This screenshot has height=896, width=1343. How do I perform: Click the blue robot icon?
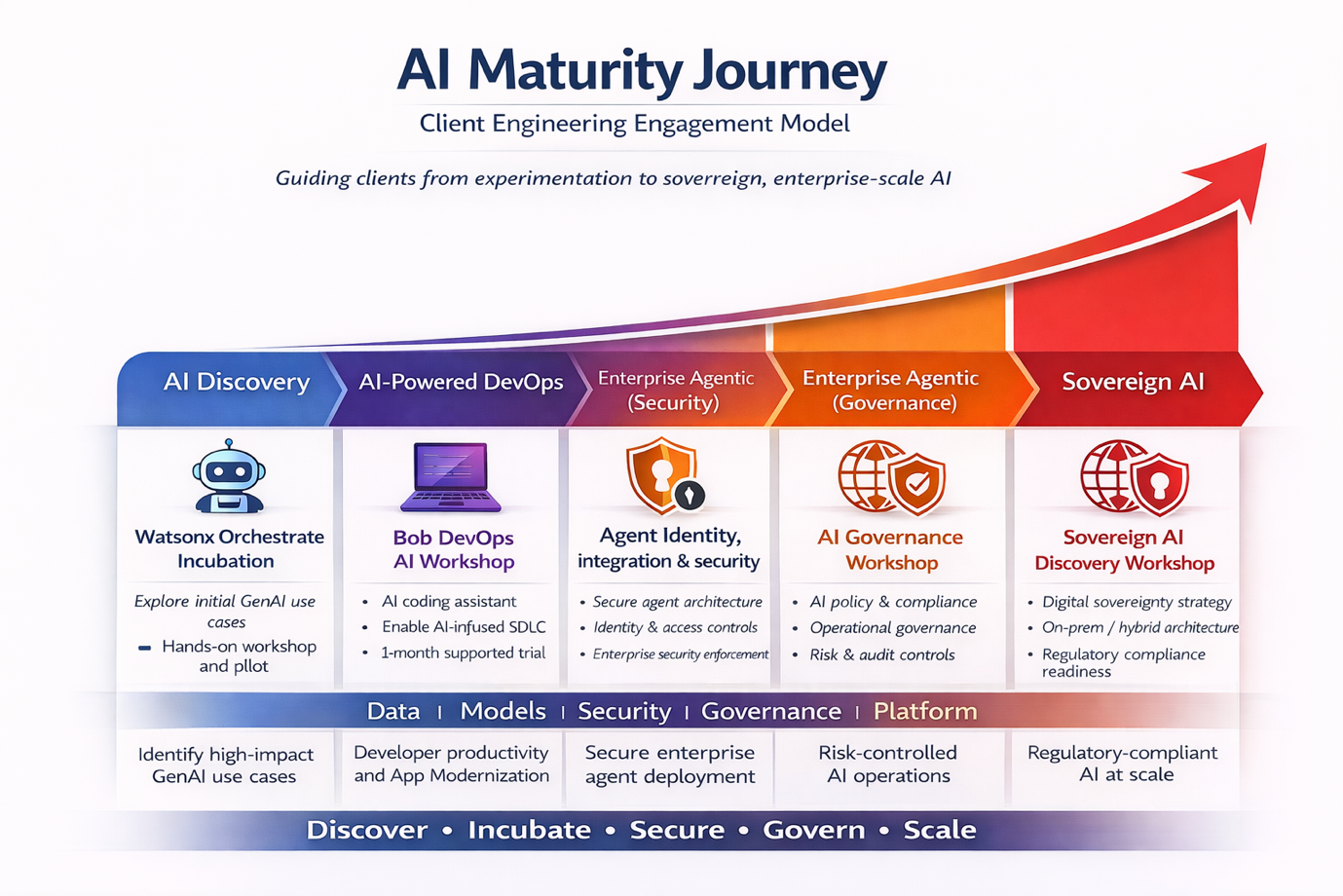pos(228,475)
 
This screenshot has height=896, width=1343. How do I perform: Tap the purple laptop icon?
pos(451,477)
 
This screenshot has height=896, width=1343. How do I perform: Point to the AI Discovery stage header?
pos(236,382)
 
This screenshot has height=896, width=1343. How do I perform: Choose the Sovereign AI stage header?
pos(1133,382)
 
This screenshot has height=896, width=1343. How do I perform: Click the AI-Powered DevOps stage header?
pos(460,382)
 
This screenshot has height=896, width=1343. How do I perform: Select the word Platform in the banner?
pos(924,711)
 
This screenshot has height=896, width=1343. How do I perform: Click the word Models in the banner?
pos(503,711)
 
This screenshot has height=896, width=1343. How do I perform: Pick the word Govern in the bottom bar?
pos(813,830)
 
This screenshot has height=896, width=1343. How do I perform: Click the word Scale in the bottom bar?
pos(939,830)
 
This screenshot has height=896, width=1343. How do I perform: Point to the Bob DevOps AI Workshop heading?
pos(454,549)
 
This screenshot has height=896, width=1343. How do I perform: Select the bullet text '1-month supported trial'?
pos(463,653)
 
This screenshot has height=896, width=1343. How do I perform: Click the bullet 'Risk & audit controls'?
pos(881,654)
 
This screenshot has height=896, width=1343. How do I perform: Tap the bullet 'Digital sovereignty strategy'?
pos(1137,602)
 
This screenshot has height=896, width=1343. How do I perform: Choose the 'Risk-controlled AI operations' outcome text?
pos(888,764)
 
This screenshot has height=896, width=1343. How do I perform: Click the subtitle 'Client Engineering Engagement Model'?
pos(634,124)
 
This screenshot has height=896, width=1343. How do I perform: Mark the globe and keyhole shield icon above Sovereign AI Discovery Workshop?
pos(1134,477)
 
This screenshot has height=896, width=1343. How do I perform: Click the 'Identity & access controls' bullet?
pos(675,628)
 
